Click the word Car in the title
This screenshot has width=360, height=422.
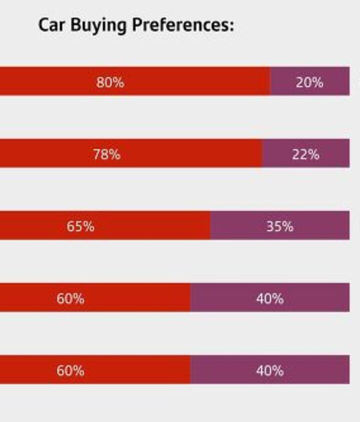tap(52, 25)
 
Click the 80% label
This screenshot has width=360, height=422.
tap(110, 82)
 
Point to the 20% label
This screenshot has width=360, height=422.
tap(309, 82)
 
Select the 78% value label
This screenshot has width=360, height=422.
tap(106, 154)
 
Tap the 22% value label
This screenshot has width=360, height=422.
tap(305, 154)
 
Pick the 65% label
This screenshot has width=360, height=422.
tap(80, 226)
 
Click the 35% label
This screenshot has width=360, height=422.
tap(279, 226)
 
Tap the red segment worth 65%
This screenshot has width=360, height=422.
tap(150, 225)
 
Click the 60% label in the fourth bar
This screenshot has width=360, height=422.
tap(70, 299)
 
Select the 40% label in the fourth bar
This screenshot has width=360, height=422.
tap(270, 299)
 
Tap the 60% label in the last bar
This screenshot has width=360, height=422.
tap(70, 371)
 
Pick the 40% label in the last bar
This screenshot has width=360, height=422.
tap(270, 371)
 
